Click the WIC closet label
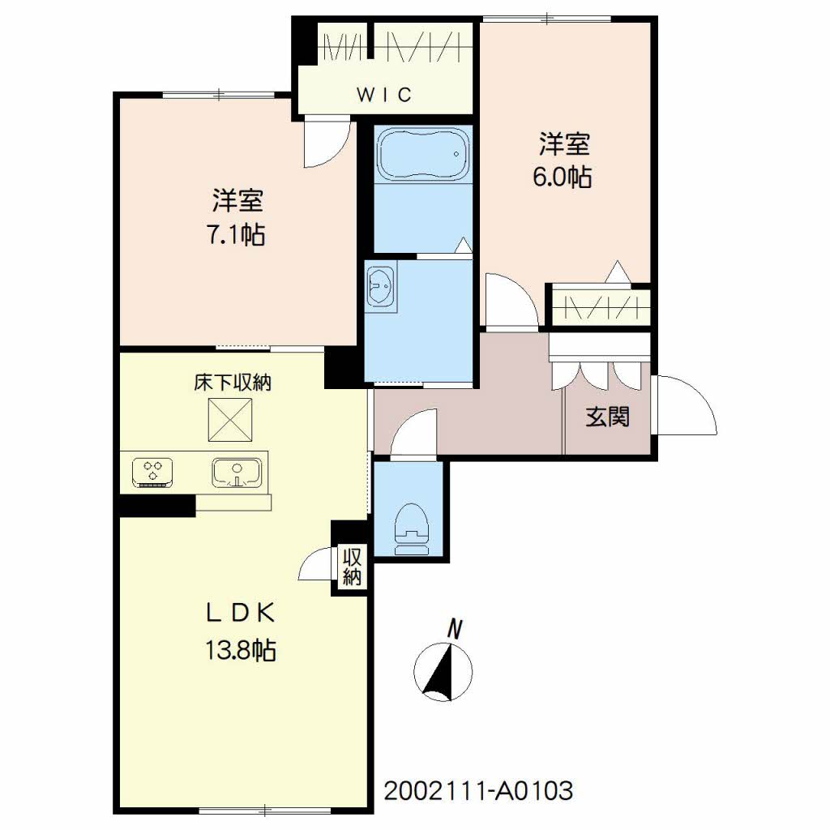(x=384, y=94)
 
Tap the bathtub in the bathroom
(x=423, y=154)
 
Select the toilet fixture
(x=411, y=528)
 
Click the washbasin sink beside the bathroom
(x=380, y=286)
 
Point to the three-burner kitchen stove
(x=153, y=472)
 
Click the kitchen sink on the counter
(x=237, y=473)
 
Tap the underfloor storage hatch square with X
(x=229, y=420)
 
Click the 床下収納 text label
(x=233, y=383)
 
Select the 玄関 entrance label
(x=608, y=417)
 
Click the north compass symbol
(x=443, y=671)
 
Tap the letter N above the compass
(x=455, y=629)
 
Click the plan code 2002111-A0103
(x=478, y=791)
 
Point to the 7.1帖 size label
(x=236, y=234)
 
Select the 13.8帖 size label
(x=241, y=649)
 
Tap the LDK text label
(x=241, y=613)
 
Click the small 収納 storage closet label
(x=352, y=566)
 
